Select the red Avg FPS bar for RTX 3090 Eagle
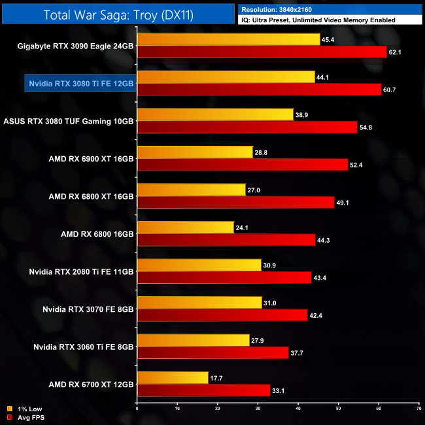262,52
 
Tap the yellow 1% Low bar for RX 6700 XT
173,378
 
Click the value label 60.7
390,90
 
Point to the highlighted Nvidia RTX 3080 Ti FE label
80,84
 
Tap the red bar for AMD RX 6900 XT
242,164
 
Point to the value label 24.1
243,227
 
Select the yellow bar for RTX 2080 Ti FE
199,265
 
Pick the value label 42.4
316,315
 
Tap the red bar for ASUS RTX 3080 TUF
247,127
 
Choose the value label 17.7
217,378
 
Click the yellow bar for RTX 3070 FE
199,303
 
